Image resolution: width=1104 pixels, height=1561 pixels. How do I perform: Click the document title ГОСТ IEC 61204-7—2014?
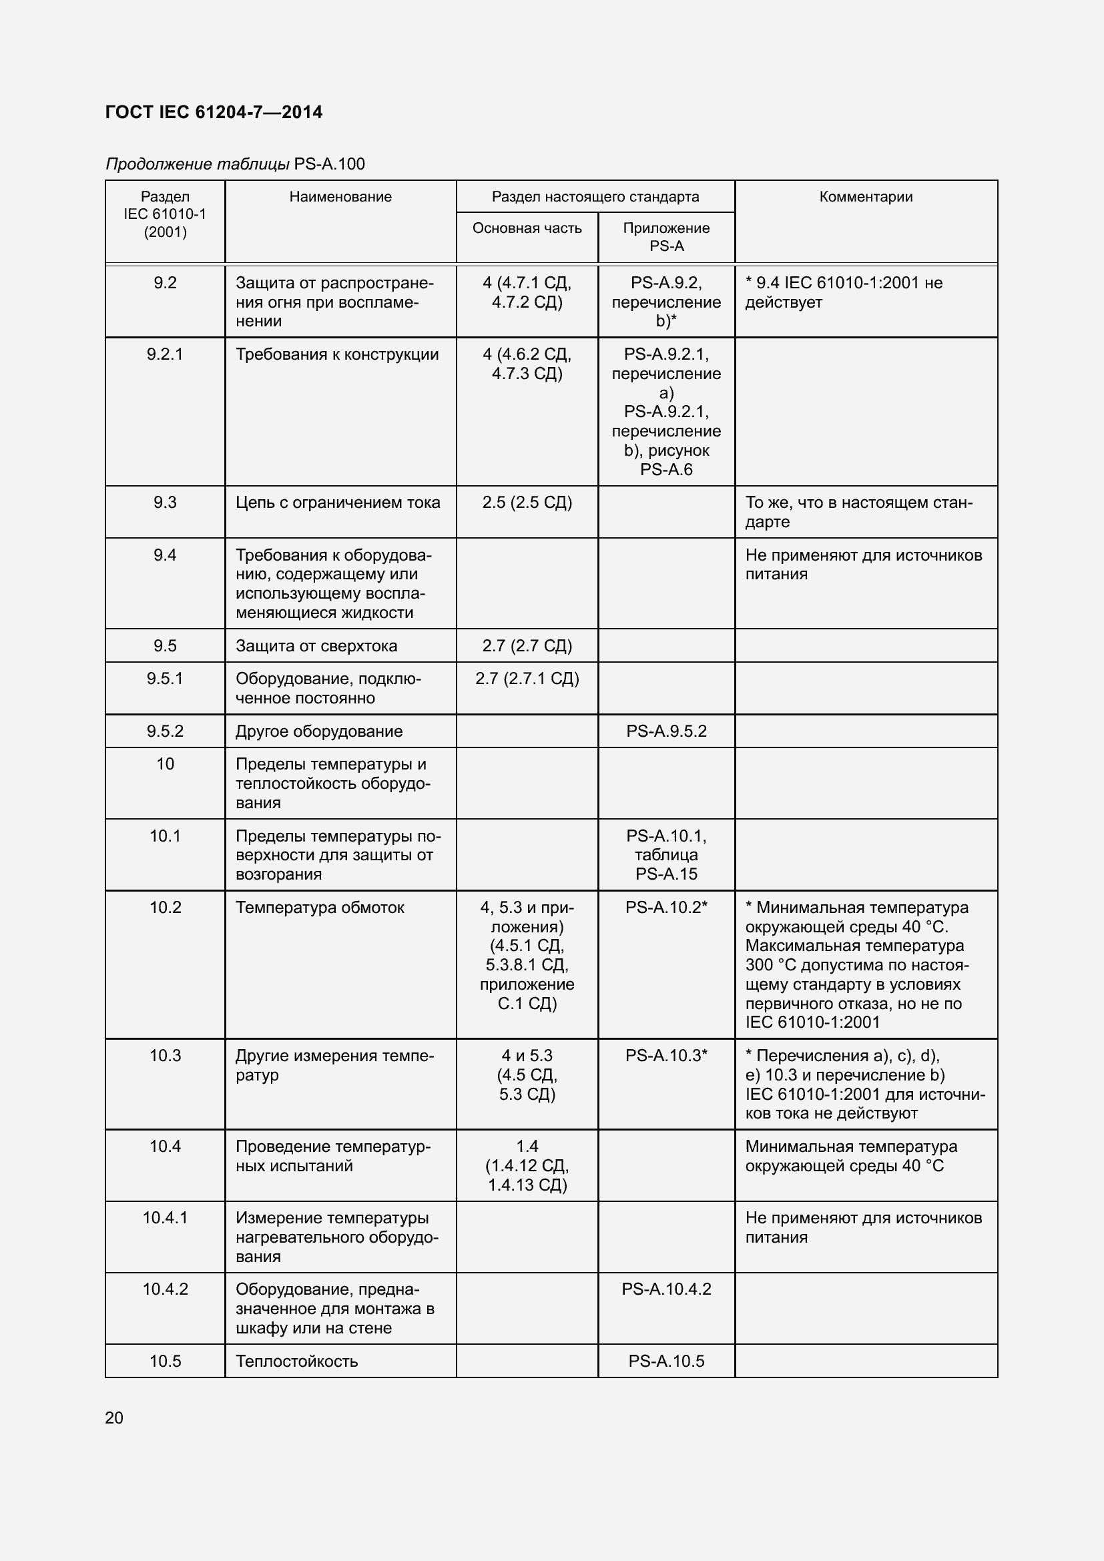click(214, 112)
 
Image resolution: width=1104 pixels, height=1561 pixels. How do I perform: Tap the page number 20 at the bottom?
click(114, 1418)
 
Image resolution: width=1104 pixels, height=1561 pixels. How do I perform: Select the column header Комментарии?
click(866, 196)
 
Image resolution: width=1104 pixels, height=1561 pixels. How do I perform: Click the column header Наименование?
click(340, 196)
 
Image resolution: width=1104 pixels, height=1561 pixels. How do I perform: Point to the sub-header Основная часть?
click(527, 228)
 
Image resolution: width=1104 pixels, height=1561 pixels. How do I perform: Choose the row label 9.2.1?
click(164, 354)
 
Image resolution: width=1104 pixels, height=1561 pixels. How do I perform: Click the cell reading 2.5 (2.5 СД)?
click(527, 503)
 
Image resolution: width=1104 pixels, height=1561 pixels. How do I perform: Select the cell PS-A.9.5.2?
click(666, 731)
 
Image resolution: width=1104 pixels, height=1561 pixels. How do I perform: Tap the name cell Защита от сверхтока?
click(316, 646)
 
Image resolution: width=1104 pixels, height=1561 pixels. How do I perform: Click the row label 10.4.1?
click(164, 1218)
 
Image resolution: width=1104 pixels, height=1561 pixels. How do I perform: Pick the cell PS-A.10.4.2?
click(666, 1289)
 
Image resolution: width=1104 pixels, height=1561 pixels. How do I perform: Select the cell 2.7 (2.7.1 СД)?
click(527, 679)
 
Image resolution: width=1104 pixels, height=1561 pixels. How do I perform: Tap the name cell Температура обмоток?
click(320, 908)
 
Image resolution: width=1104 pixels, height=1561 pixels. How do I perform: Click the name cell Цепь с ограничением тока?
click(338, 503)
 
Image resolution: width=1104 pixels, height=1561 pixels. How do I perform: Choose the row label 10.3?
click(164, 1056)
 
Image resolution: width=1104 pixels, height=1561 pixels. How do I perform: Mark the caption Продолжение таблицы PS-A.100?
click(235, 164)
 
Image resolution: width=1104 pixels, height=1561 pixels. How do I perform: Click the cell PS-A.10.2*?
click(666, 908)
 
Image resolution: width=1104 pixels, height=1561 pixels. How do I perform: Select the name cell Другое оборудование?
click(319, 731)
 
